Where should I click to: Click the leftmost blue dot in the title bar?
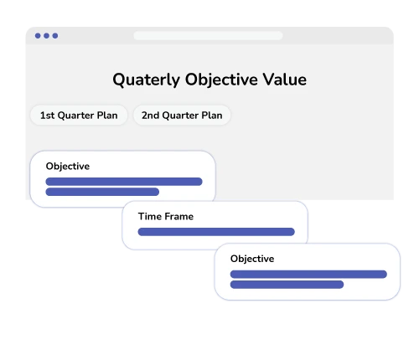[x=38, y=36]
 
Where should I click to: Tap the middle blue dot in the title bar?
[x=47, y=36]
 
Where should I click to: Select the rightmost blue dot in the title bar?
[x=55, y=36]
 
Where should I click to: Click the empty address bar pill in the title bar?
[x=208, y=36]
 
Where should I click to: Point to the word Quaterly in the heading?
[x=146, y=80]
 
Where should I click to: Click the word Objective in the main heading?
[x=221, y=80]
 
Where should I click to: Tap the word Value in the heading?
[x=285, y=80]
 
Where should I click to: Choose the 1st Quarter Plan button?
[x=79, y=116]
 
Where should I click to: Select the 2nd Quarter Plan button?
[x=182, y=116]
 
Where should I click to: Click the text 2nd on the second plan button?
[x=150, y=116]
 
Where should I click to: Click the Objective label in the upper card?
[x=68, y=167]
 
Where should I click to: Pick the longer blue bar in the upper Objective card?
[x=124, y=182]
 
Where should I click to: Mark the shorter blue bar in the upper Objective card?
[x=102, y=192]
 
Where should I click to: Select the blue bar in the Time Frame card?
[x=216, y=232]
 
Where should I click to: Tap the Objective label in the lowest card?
[x=252, y=260]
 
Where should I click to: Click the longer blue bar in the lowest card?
[x=308, y=275]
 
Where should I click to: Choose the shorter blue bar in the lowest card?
[x=287, y=285]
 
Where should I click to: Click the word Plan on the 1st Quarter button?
[x=107, y=116]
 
